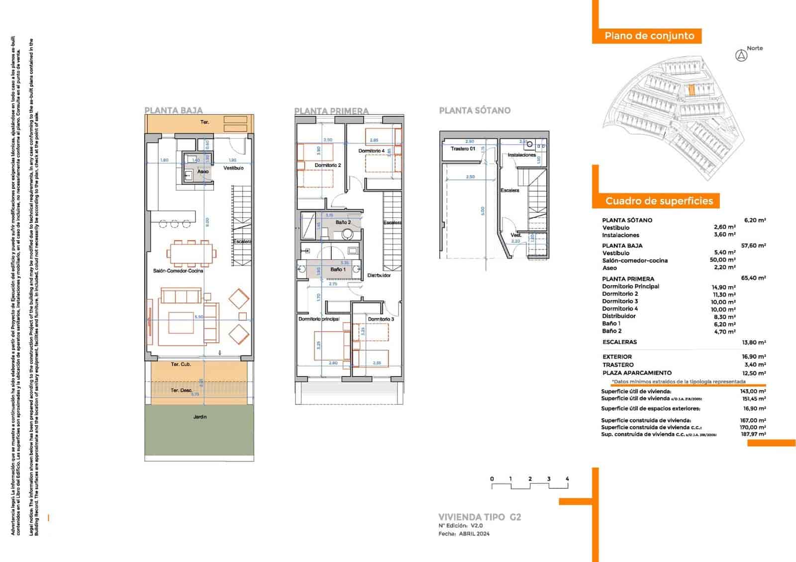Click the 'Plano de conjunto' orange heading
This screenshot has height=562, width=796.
coord(649,36)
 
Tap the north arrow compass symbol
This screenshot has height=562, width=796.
coord(741,56)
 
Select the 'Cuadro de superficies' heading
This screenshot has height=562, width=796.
coord(659,201)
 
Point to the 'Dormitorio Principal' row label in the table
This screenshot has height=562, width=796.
coord(630,286)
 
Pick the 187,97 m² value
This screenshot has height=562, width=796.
coord(753,435)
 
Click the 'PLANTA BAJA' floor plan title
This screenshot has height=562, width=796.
coord(174,110)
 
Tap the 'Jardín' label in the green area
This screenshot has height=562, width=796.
coord(200,417)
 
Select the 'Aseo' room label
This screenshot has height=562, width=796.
coord(203,172)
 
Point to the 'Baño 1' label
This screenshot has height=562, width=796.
coord(338,270)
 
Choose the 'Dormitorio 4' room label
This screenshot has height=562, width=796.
coord(371,151)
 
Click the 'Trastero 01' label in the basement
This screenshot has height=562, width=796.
coord(463,149)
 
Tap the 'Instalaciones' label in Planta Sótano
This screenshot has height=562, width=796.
coord(521,155)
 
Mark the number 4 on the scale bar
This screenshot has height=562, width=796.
coord(567,479)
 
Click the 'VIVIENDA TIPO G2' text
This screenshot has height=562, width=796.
coord(480,517)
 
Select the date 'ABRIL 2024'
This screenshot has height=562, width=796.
coord(474,534)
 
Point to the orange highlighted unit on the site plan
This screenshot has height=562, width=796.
coord(692,90)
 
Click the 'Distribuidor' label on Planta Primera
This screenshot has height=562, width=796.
coord(379,275)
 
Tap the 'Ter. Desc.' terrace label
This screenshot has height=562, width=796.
coord(181,390)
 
